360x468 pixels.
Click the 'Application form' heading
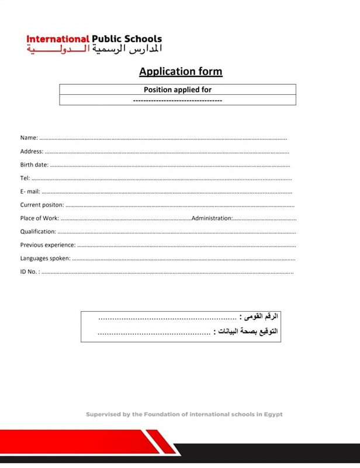(x=181, y=72)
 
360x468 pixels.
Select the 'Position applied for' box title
(x=178, y=90)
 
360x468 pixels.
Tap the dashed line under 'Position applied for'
(x=178, y=101)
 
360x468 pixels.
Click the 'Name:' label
(x=29, y=138)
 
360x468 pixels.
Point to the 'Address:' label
(x=32, y=152)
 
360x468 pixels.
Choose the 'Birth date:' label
(x=34, y=165)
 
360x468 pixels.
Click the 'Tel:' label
(x=25, y=178)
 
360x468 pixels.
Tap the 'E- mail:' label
(x=30, y=192)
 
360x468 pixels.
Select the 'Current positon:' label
(x=42, y=205)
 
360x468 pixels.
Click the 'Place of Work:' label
(x=40, y=218)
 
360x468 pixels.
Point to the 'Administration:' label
(x=212, y=218)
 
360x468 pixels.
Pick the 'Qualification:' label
(x=38, y=232)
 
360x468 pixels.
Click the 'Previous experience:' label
(x=48, y=245)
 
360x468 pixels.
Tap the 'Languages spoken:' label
(x=46, y=258)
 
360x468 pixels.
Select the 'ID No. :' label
(x=30, y=271)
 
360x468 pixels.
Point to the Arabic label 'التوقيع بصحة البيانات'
(x=247, y=332)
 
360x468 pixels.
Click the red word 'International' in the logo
(x=57, y=39)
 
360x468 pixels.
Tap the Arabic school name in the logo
(x=94, y=50)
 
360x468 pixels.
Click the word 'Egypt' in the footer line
(x=272, y=414)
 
